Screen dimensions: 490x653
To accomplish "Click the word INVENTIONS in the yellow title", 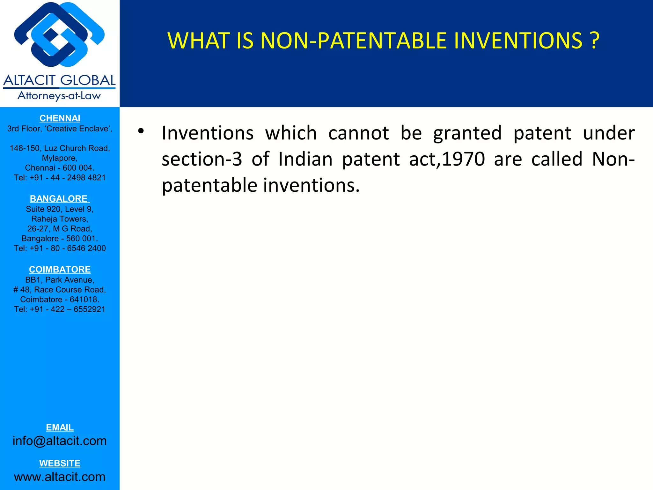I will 518,41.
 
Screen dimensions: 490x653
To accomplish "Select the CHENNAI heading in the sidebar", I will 60,118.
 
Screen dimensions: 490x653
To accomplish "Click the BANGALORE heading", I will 59,199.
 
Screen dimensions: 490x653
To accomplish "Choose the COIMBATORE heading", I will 60,270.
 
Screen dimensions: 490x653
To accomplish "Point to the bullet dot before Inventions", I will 141,131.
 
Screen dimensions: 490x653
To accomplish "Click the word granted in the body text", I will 467,133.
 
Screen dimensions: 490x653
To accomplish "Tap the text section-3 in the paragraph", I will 202,159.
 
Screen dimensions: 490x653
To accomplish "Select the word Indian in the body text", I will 305,159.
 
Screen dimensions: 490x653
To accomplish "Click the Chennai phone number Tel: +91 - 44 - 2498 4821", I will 60,178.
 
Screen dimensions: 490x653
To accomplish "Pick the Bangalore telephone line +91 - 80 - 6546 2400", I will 60,248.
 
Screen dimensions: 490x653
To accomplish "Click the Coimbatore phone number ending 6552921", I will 60,309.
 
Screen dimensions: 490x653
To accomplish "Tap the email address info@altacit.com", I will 60,441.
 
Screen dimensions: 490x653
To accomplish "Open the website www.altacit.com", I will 60,477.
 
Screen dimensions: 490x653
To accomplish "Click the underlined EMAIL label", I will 60,427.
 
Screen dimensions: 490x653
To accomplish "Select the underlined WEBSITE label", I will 60,463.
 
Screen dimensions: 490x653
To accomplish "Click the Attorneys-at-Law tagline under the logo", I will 59,96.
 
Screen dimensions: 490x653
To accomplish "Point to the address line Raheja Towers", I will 60,219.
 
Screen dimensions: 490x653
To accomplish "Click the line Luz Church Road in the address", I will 60,148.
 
